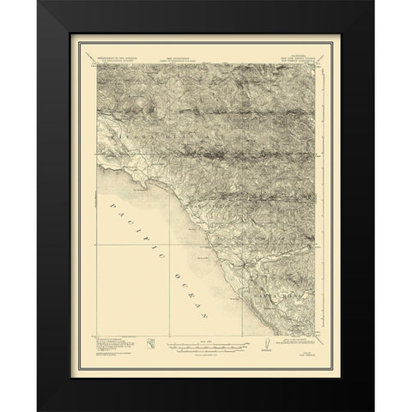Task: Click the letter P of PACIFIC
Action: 112,209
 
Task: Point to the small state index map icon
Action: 149,345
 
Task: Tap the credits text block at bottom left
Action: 113,345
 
